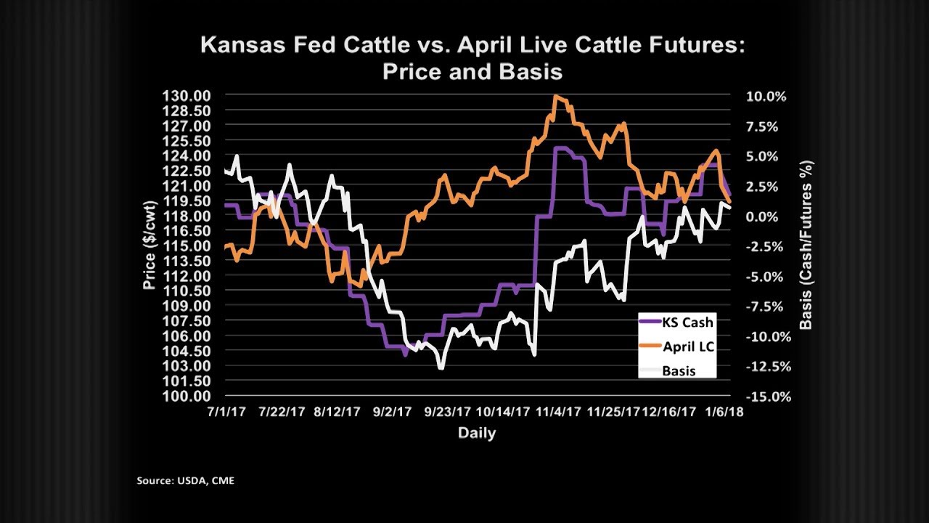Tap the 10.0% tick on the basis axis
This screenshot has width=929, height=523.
(761, 97)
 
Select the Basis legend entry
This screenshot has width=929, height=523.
(679, 370)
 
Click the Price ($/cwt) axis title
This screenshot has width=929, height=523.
(150, 246)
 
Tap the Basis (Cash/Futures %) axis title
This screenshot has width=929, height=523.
(805, 246)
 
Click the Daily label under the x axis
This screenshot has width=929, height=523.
(477, 434)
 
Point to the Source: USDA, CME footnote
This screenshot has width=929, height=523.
(186, 481)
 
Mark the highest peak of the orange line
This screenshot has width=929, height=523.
(556, 96)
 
